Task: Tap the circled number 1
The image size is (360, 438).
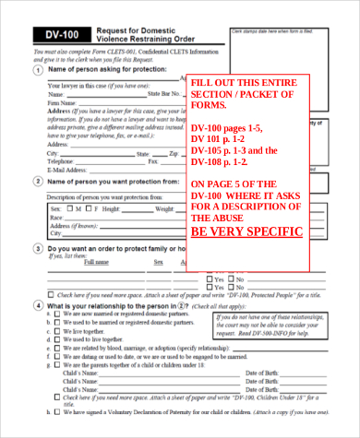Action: [38, 69]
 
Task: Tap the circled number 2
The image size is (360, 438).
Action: [38, 182]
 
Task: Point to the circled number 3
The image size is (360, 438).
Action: [38, 249]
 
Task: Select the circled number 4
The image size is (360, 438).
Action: [38, 304]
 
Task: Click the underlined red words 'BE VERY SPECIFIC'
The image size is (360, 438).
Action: [246, 231]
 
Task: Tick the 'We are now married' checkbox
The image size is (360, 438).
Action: [58, 314]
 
